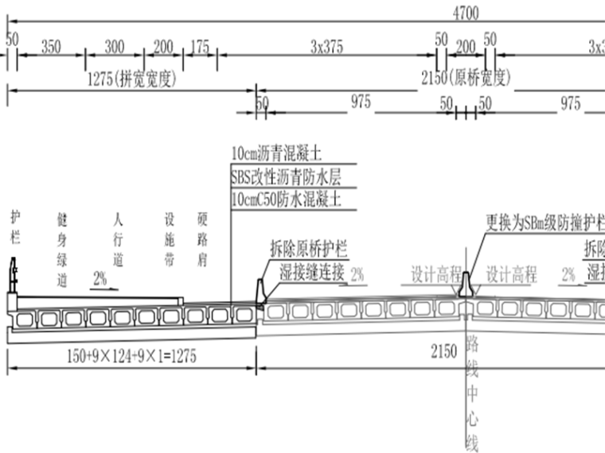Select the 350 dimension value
[50, 46]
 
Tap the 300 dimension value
[114, 46]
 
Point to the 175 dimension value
[199, 46]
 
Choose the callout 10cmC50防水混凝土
[286, 199]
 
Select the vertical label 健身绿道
[63, 249]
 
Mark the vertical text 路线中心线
[472, 393]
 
